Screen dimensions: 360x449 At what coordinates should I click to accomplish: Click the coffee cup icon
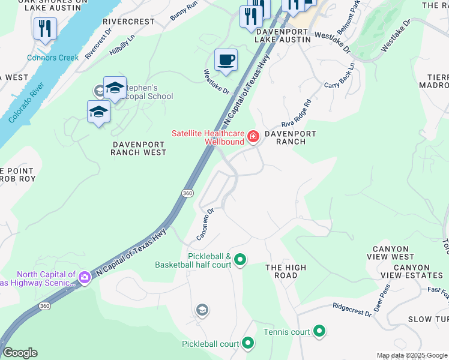[226, 61]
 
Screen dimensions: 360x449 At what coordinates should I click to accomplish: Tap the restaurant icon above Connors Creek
[45, 29]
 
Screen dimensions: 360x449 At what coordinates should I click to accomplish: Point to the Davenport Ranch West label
[138, 148]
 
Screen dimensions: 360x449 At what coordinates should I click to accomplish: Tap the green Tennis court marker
[319, 331]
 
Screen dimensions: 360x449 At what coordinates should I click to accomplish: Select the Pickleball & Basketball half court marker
[240, 260]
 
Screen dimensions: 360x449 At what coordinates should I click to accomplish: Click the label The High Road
[286, 271]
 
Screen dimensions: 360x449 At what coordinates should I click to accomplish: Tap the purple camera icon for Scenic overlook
[84, 277]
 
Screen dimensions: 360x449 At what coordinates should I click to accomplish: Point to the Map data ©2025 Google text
[412, 355]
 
